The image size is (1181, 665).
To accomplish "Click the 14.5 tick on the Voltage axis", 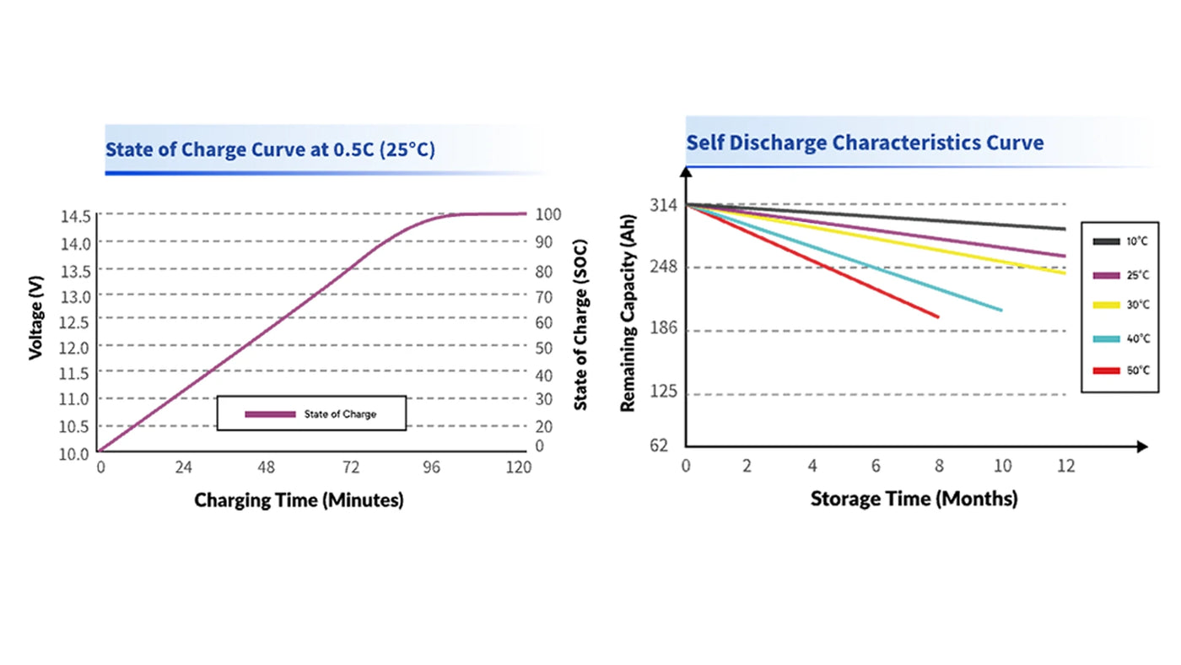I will [76, 215].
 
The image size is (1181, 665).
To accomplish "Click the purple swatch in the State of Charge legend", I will [270, 414].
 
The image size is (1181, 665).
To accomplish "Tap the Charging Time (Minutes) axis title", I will [299, 500].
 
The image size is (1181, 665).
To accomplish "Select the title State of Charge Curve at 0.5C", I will [270, 150].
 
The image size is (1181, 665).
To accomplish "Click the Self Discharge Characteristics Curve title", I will [865, 142].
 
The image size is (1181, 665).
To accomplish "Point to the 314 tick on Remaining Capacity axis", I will [663, 204].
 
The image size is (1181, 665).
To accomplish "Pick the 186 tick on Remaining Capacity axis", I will [663, 329].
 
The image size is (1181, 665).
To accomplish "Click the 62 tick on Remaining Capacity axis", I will [660, 445].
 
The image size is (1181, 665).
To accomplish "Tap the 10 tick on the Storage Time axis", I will [1003, 467].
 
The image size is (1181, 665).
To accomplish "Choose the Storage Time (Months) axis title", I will [914, 499].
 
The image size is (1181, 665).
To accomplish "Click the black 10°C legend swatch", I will [1106, 241].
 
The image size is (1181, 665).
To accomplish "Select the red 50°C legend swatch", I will [1106, 370].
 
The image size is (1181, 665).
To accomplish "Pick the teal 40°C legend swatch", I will [1106, 338].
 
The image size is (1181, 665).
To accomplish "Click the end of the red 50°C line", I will [938, 316].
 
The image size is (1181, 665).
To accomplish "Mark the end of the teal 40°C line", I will [1001, 310].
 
